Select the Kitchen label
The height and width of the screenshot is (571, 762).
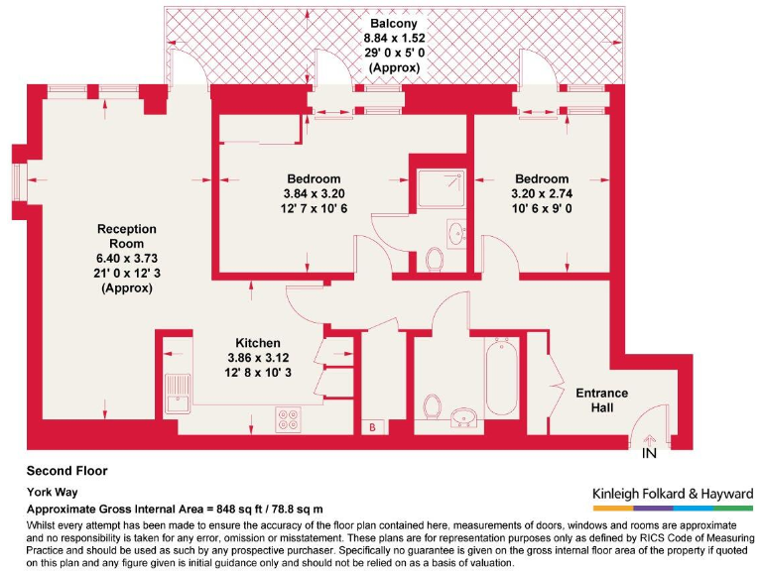[x=257, y=343]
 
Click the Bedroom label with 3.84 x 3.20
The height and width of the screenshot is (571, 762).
[x=315, y=178]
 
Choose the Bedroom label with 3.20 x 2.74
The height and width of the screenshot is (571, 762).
[x=541, y=178]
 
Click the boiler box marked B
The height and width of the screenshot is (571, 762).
[x=371, y=427]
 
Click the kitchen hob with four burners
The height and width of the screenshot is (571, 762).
[x=290, y=419]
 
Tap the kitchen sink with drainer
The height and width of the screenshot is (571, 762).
[x=180, y=394]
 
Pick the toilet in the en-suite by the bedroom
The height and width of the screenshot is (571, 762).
[x=434, y=260]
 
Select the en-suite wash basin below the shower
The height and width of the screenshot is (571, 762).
[x=456, y=235]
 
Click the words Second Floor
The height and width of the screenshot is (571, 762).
[x=66, y=471]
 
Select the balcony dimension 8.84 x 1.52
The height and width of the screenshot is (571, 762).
[x=394, y=39]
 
